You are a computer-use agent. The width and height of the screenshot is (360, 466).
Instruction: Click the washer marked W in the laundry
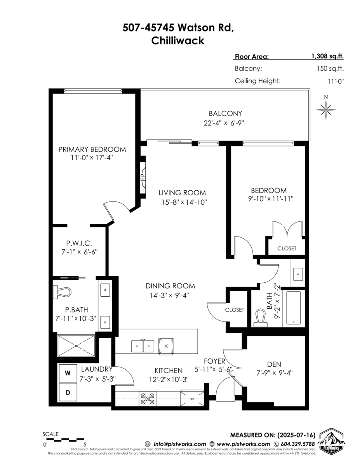click(68, 373)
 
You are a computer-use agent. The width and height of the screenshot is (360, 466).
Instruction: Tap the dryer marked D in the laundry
click(68, 393)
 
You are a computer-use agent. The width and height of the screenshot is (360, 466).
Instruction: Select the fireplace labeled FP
click(143, 177)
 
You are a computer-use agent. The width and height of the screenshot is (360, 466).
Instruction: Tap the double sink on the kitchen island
click(143, 345)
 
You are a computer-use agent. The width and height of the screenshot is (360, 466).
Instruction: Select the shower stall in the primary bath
click(76, 345)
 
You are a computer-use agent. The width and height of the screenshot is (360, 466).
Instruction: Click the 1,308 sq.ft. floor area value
click(327, 56)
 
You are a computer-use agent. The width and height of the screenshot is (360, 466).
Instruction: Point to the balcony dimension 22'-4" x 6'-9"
click(225, 123)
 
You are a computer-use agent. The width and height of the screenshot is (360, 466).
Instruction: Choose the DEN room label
click(274, 364)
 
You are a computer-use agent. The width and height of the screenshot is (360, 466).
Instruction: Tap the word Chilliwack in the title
click(177, 41)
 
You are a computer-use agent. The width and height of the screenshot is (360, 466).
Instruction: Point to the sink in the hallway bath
click(298, 274)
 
